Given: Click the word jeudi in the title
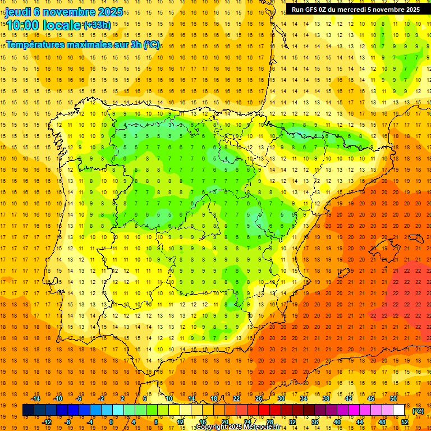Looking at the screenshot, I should point(17,12).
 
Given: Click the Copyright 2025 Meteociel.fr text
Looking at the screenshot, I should point(238,427).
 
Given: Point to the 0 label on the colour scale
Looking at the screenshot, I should point(112,422).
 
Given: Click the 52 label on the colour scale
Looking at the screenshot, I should point(404,422).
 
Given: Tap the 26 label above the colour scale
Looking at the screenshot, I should point(259,398).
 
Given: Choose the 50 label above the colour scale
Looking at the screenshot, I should point(393,398).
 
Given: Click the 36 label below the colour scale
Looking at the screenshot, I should point(314,422).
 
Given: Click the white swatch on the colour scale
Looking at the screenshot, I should point(399,410).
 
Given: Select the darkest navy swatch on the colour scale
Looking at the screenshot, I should point(29,410).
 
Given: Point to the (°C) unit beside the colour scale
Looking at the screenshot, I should point(418,411).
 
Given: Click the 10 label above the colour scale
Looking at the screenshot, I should point(169,398).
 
